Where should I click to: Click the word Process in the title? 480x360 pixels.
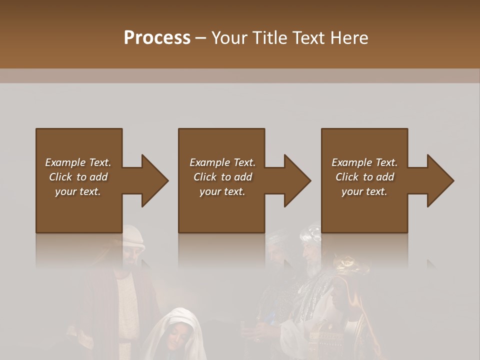click(x=157, y=38)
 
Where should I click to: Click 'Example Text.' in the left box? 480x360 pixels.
click(x=78, y=162)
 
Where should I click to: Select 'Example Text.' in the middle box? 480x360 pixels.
click(x=222, y=162)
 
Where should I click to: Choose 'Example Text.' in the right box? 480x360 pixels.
click(x=364, y=162)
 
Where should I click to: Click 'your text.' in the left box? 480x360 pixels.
click(x=78, y=191)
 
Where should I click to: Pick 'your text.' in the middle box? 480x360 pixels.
click(x=222, y=191)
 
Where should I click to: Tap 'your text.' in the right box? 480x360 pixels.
click(x=364, y=191)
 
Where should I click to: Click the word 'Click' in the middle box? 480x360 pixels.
click(x=205, y=177)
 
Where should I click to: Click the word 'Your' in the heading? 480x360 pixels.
click(x=229, y=38)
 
